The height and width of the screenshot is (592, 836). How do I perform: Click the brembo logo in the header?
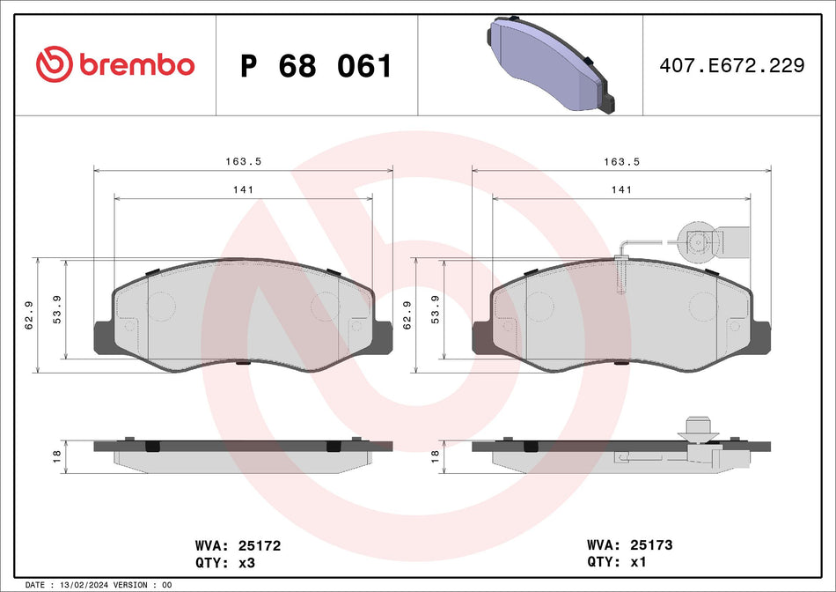[x=115, y=64]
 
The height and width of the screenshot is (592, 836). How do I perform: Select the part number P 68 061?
[x=316, y=66]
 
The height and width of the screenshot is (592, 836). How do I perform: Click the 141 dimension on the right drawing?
[x=621, y=189]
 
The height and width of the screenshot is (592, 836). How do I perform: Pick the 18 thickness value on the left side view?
[x=56, y=455]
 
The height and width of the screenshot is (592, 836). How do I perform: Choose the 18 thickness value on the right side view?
[x=435, y=455]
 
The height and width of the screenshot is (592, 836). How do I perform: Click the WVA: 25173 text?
[x=629, y=546]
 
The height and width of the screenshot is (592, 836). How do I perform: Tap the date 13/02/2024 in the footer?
[x=87, y=585]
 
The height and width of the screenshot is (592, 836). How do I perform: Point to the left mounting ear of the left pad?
[x=102, y=337]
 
